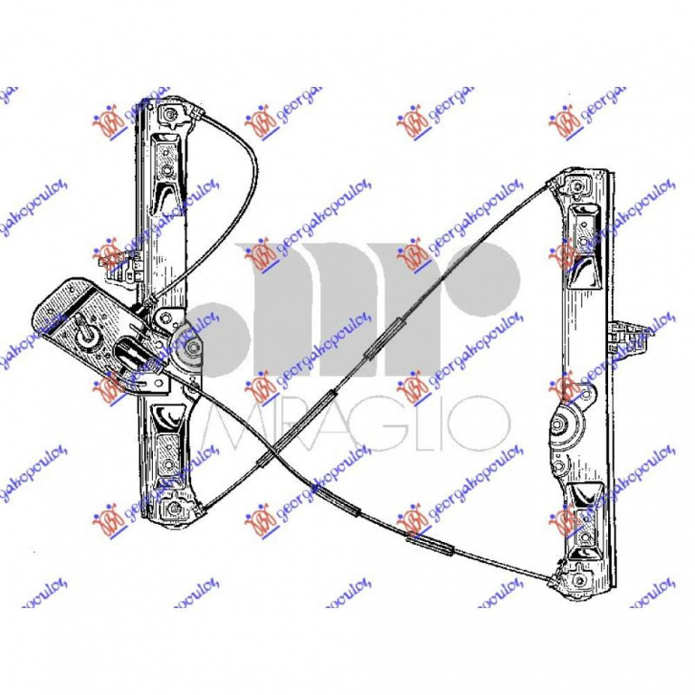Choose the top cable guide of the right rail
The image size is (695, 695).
click(x=576, y=187)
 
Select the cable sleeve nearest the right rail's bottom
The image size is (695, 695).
click(x=432, y=542)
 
